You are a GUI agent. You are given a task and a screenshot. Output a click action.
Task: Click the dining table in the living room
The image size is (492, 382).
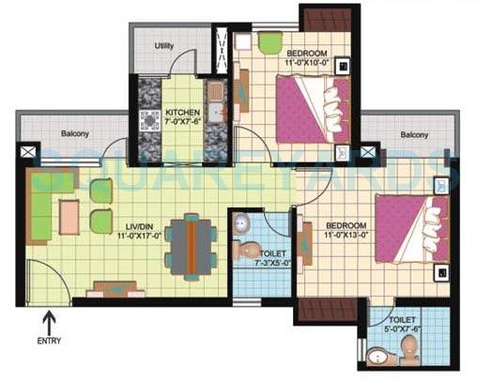[192, 242]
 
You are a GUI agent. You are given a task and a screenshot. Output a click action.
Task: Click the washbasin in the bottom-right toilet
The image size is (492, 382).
[377, 357]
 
